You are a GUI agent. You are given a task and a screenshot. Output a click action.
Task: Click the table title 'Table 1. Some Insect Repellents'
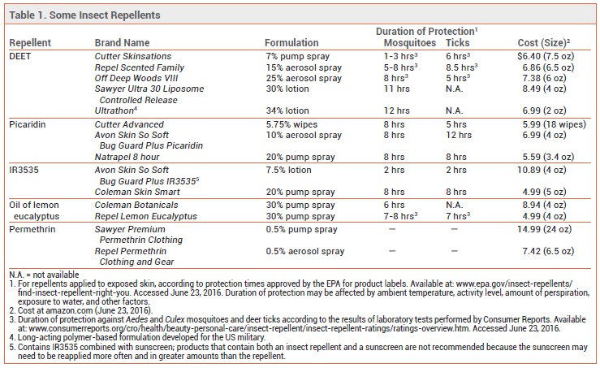84,15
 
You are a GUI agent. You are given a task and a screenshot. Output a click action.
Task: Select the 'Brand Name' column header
122,43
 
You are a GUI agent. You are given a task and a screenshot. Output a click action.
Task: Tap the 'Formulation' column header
291,43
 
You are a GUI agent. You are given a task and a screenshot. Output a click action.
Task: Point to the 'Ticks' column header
458,43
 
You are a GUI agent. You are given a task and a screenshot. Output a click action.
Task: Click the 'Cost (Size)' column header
544,43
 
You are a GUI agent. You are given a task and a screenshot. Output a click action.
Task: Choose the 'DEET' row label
20,56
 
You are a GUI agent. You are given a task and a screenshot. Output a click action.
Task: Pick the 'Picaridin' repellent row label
27,124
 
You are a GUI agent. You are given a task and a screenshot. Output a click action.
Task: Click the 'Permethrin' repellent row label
32,229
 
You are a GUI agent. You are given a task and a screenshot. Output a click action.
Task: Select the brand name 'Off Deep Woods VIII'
136,78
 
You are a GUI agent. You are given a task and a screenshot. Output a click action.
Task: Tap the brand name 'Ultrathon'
115,110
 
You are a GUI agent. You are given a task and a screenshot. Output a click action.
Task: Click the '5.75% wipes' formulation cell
291,124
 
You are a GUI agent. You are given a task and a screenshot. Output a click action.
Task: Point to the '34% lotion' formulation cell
287,110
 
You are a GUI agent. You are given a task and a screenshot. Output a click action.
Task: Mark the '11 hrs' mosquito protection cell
397,89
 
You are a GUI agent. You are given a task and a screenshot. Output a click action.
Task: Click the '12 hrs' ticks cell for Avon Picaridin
459,135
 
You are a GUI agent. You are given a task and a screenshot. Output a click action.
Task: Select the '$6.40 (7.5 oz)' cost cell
546,56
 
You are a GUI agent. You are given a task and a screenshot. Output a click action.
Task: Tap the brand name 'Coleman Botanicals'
136,205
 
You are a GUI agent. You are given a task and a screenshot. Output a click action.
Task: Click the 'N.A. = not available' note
44,275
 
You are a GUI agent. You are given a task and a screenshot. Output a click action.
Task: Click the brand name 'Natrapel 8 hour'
127,157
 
